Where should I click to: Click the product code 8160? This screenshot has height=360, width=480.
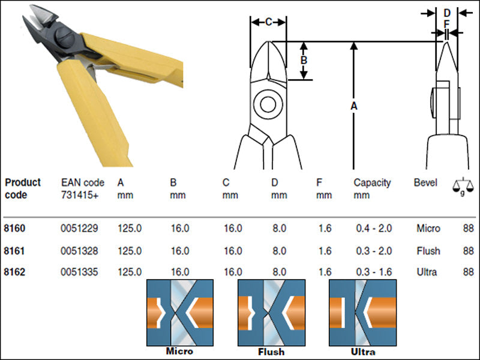click(x=14, y=229)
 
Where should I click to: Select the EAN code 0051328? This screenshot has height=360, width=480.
click(x=79, y=251)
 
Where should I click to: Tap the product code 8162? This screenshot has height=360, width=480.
click(x=14, y=272)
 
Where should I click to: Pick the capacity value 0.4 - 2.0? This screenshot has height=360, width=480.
click(x=374, y=229)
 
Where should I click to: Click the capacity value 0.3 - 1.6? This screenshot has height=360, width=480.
click(x=374, y=272)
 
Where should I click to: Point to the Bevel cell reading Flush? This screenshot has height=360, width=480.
click(x=428, y=251)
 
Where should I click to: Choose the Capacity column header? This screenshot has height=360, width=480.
click(x=372, y=189)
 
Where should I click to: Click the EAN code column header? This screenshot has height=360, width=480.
click(x=83, y=189)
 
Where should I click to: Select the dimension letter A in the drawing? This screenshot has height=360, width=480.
click(x=354, y=106)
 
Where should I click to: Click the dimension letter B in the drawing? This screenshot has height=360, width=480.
click(x=304, y=60)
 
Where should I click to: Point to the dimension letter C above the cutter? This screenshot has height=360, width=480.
click(x=268, y=22)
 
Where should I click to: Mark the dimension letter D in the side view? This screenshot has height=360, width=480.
click(x=447, y=13)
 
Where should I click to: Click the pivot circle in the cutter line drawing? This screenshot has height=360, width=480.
click(x=268, y=104)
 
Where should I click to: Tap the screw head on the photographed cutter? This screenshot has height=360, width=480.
click(x=65, y=37)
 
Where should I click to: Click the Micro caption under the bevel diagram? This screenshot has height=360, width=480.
click(x=179, y=351)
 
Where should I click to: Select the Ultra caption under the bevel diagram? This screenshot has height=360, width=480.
click(x=363, y=352)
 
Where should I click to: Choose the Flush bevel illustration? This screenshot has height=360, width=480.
click(x=272, y=313)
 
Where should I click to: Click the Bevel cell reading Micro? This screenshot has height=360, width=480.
click(x=428, y=229)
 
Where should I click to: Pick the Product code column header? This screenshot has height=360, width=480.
click(x=23, y=188)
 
